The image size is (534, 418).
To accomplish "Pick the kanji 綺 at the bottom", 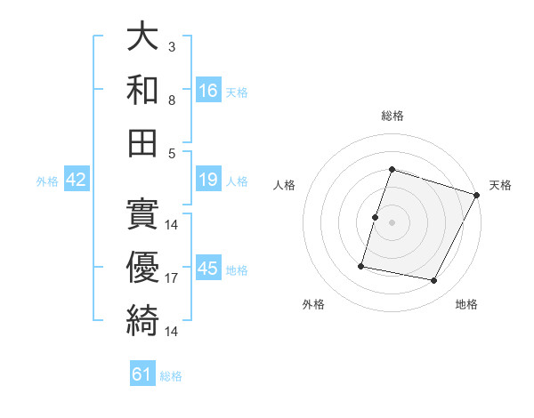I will (x=142, y=320).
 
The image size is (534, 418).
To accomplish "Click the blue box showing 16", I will (x=208, y=91).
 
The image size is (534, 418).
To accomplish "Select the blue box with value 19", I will (x=208, y=181).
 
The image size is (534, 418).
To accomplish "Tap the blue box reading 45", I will (x=208, y=269).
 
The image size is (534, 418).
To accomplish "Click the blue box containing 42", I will (x=76, y=181).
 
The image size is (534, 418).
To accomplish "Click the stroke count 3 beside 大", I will (x=171, y=46).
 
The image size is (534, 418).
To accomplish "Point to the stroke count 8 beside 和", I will (x=171, y=99).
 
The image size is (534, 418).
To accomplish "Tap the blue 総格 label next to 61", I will (x=171, y=376).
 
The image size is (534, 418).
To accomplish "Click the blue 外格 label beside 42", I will (x=47, y=181).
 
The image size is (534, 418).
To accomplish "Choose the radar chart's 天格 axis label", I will (x=500, y=185).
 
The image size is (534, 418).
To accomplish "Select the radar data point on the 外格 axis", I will (x=361, y=266).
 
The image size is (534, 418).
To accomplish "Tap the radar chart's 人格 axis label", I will (x=284, y=185).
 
